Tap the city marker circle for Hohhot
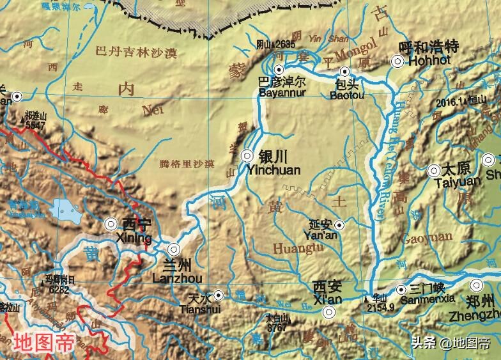click(397, 61)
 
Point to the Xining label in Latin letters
click(134, 239)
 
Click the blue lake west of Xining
click(63, 208)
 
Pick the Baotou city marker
click(345, 72)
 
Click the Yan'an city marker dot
click(339, 224)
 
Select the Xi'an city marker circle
click(329, 312)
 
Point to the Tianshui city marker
click(219, 295)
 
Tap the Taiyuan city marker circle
click(434, 170)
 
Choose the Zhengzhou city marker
click(477, 285)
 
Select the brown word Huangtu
click(294, 247)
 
